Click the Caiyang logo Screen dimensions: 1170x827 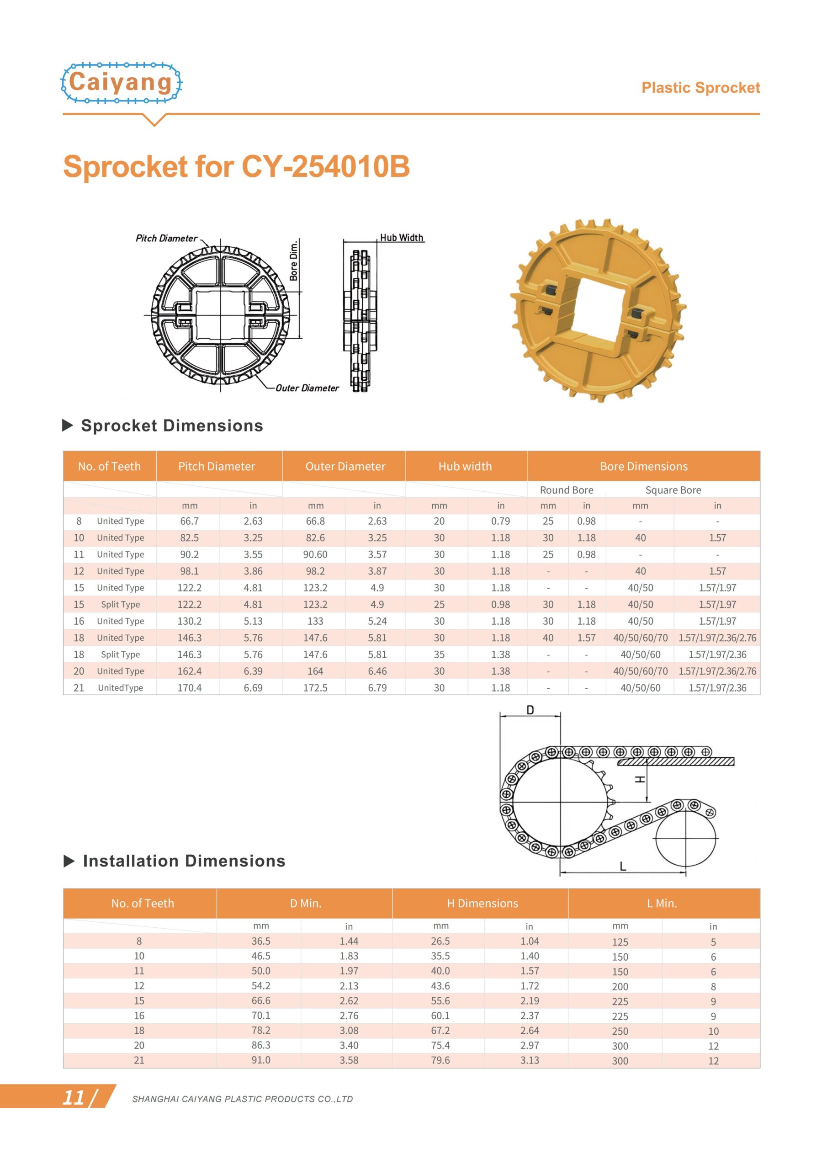121,83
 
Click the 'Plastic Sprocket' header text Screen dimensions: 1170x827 700,88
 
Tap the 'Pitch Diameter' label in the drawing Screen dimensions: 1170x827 166,238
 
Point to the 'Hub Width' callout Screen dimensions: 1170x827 402,238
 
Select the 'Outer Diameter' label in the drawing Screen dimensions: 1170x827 307,388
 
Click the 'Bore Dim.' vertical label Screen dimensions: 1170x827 294,260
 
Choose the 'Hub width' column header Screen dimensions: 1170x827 465,466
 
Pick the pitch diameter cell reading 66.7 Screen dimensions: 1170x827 189,521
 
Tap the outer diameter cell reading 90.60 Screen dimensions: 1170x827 315,554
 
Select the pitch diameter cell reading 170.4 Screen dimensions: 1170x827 189,687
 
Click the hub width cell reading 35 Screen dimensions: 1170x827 439,654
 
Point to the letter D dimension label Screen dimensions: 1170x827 530,710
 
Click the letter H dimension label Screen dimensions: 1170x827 640,779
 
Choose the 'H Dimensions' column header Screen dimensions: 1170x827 482,904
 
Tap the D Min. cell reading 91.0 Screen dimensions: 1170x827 260,1060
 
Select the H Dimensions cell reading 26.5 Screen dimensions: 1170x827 440,941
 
